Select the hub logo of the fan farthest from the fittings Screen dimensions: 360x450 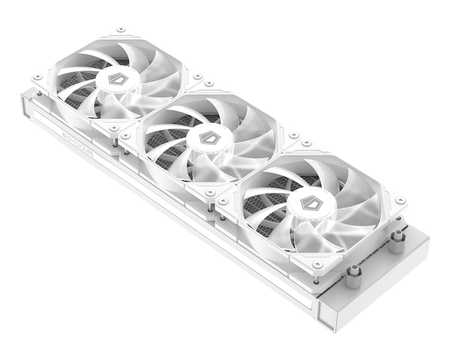point(115,79)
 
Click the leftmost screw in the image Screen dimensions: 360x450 point(37,77)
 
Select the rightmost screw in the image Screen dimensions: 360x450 point(400,200)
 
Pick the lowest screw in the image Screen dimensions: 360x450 point(317,264)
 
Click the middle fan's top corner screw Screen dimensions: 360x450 point(209,83)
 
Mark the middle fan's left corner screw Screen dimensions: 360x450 point(125,135)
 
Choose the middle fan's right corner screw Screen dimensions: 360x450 point(294,135)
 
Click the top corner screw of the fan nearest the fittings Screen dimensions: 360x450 point(306,143)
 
